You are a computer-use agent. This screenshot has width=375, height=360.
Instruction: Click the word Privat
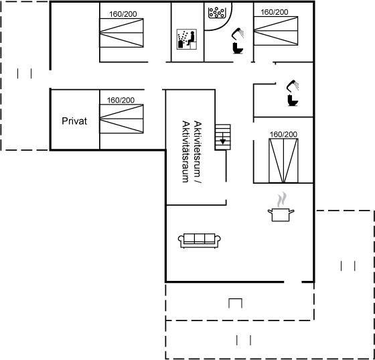click(x=74, y=121)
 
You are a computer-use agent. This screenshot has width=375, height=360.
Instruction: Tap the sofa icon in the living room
click(x=200, y=241)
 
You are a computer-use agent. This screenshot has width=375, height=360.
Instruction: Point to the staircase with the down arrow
click(x=222, y=137)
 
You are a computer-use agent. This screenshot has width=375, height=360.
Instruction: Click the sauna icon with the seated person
click(x=187, y=40)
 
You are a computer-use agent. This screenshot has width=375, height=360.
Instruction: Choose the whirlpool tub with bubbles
click(x=217, y=13)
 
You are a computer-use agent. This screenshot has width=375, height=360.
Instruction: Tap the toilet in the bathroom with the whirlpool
click(x=238, y=48)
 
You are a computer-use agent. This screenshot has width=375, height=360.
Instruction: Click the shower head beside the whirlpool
click(x=238, y=34)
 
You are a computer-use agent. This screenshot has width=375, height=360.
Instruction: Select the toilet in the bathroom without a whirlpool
click(x=293, y=101)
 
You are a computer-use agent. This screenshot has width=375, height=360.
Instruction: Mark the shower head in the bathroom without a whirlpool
click(x=293, y=86)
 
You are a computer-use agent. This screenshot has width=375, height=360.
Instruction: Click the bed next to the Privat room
click(x=121, y=119)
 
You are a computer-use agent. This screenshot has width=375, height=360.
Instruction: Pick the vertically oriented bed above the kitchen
click(x=283, y=161)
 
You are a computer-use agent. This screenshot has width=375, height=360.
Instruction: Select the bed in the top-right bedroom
click(x=276, y=31)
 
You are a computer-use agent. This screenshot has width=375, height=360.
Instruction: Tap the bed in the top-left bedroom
click(x=121, y=33)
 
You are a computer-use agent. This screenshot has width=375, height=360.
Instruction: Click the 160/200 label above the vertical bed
click(x=283, y=134)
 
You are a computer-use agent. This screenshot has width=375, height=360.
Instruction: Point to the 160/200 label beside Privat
click(x=121, y=100)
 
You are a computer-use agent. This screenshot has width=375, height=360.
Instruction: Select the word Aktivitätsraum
click(x=185, y=152)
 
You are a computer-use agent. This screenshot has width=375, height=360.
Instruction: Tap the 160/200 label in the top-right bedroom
click(x=275, y=12)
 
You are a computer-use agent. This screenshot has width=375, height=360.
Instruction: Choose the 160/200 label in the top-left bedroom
click(x=123, y=14)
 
